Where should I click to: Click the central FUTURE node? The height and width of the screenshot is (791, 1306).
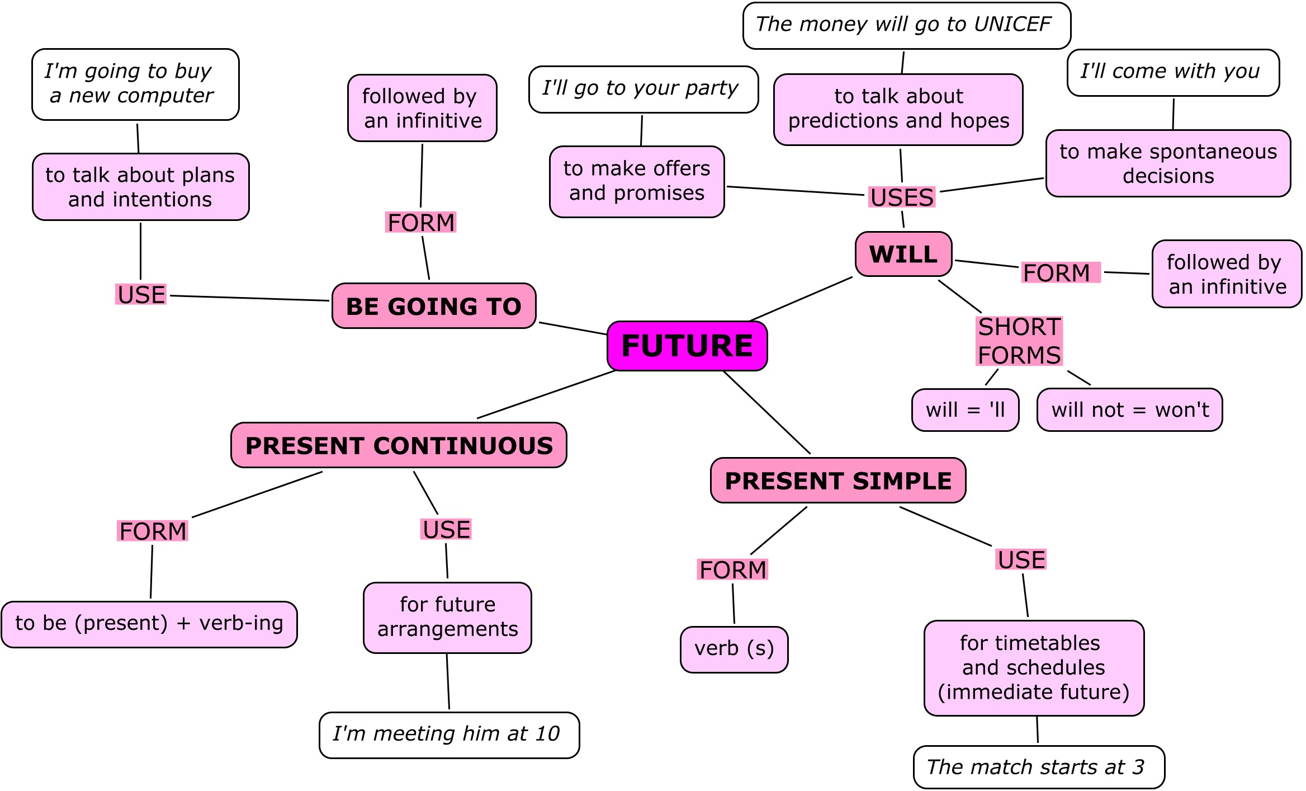[x=687, y=346]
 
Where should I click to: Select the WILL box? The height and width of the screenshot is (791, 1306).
[x=903, y=255]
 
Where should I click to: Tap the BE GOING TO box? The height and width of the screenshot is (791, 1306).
[x=434, y=306]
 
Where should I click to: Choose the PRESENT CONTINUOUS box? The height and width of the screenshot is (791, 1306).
[x=399, y=445]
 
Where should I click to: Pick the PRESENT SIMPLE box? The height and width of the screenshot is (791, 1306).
[x=838, y=481]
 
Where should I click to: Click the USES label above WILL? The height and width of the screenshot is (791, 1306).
[x=901, y=197]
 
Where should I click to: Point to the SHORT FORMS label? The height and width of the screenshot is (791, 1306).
[x=1019, y=341]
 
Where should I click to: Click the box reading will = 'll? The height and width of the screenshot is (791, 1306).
[x=965, y=410]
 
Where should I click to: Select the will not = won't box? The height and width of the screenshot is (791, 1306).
[x=1129, y=410]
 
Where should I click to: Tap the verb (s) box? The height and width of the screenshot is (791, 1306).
[x=734, y=649]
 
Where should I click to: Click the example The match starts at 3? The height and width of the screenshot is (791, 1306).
[x=1039, y=767]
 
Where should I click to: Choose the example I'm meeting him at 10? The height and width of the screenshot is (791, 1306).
[x=449, y=735]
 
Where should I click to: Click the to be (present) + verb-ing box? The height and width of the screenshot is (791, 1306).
[x=149, y=624]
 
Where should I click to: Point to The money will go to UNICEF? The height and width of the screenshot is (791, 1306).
[x=906, y=25]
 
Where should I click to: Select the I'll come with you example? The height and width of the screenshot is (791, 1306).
[x=1173, y=72]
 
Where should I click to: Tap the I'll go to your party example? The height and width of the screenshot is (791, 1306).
[x=643, y=89]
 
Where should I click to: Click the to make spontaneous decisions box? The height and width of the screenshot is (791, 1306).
[x=1168, y=163]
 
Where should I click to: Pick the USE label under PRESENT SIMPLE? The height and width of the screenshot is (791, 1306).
[x=1021, y=559]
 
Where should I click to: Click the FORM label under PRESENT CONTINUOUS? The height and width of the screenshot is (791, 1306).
[x=153, y=531]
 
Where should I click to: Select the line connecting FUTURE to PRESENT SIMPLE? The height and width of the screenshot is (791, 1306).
[x=766, y=412]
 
